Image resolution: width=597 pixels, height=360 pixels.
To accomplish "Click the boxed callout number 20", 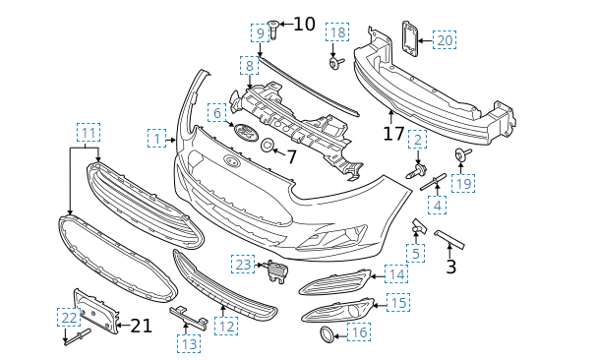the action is point(445,40).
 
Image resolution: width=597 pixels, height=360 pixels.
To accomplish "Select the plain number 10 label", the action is point(304,24).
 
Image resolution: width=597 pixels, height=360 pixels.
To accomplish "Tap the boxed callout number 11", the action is point(89,133).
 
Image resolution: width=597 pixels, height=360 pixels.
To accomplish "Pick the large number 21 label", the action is point(141,326).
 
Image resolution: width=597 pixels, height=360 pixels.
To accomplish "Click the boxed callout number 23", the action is point(243,265).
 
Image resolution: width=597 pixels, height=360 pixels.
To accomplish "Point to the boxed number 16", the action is point(359,332).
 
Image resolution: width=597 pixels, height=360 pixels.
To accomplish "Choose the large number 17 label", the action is point(393,134).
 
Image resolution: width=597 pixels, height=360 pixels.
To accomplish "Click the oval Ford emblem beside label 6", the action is point(246,132).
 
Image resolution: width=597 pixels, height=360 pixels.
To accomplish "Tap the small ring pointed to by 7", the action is point(268,146).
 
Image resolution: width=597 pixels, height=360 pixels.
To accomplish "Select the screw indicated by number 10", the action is point(273,29).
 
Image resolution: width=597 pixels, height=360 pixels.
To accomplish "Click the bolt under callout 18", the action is point(336,63).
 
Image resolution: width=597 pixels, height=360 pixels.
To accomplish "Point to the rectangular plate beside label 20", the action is point(410,38).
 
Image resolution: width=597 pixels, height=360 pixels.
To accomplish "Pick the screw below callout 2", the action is point(417,171).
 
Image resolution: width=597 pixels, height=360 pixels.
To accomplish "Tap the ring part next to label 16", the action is point(328,335).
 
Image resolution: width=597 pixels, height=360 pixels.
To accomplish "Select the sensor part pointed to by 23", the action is point(276,270).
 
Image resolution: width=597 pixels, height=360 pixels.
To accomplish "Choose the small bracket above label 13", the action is point(189,317).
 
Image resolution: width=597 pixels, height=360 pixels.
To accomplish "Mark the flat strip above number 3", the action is point(449,240).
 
